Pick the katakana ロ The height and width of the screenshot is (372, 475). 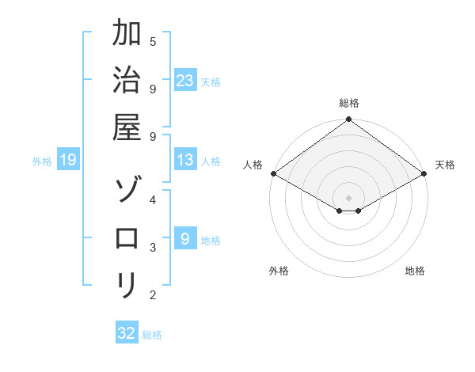[126, 238]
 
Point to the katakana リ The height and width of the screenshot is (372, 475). [126, 284]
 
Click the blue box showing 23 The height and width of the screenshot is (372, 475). [185, 81]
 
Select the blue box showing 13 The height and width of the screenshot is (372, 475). [185, 161]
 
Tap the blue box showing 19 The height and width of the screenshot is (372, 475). [68, 161]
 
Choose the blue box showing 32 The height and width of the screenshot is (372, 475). [127, 333]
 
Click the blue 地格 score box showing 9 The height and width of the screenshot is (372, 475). [185, 239]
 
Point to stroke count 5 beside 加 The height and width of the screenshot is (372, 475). [152, 41]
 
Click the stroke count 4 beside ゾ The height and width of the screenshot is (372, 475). [152, 199]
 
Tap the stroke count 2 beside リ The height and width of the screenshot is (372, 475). [152, 295]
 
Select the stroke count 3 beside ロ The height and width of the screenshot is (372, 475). [152, 247]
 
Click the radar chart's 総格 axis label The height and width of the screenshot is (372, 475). [349, 103]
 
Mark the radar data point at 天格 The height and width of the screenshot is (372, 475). [424, 173]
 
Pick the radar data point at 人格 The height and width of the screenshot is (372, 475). [273, 173]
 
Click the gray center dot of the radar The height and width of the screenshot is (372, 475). [349, 197]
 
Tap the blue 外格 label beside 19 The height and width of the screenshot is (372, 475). [42, 161]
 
